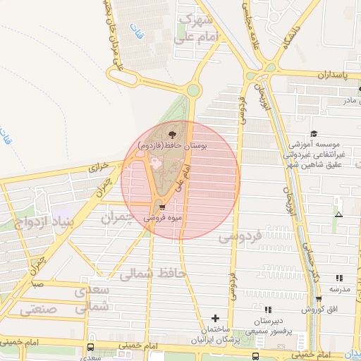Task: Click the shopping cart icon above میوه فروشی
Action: [163, 208]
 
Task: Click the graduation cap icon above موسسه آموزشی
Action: [313, 134]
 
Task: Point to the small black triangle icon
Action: [339, 214]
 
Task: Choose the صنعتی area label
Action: [39, 309]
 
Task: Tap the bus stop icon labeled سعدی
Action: [90, 348]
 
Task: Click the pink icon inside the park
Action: [156, 164]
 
